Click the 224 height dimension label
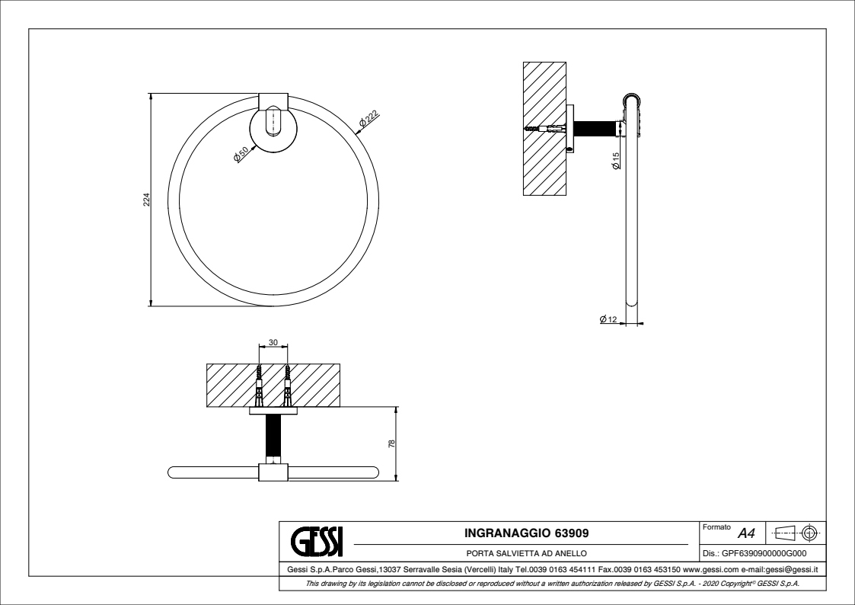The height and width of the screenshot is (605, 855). point(147,200)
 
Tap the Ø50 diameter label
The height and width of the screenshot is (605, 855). point(241,153)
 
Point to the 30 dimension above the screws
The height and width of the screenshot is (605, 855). point(273,343)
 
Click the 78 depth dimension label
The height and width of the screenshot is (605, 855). point(391,444)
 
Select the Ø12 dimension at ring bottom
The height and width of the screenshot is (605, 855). point(608,319)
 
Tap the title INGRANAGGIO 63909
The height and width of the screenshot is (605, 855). point(526,532)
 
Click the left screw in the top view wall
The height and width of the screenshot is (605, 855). point(260,385)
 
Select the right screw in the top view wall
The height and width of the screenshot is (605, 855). point(288,385)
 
